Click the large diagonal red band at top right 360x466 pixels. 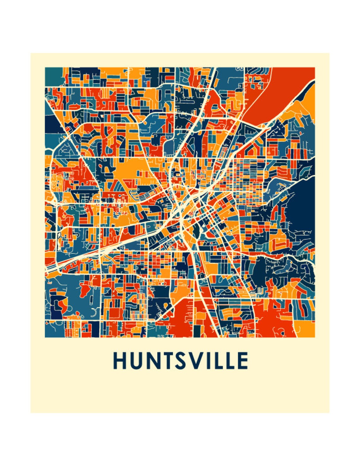(278, 92)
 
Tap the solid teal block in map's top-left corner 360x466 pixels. (54, 76)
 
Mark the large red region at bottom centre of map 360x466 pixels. (180, 319)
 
